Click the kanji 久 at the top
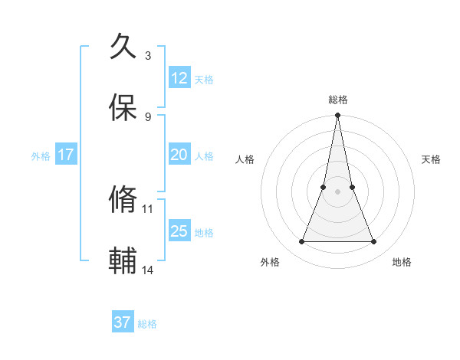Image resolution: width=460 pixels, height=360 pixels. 123,47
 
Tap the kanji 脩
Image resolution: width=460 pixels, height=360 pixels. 123,200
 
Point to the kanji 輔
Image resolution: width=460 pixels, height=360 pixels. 123,260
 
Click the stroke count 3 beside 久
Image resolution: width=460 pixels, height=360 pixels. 148,55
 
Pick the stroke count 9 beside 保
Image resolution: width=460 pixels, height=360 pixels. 148,116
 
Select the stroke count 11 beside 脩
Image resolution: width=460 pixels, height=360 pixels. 148,208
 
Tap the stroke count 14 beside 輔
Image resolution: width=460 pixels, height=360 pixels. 148,270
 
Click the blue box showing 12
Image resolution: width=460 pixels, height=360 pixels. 179,78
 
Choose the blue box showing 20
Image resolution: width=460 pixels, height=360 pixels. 179,155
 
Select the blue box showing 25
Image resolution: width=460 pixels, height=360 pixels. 179,231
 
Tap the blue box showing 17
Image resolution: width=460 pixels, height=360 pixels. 66,155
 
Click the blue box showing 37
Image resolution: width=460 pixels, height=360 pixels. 123,322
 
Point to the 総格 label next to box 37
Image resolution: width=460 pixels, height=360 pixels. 147,324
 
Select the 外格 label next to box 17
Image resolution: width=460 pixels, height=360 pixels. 41,156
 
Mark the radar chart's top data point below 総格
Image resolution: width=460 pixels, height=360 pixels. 337,116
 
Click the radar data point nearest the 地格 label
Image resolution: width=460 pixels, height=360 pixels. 374,242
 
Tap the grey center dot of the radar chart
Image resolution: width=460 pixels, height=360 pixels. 337,191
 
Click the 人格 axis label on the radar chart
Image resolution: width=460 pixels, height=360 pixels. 245,159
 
